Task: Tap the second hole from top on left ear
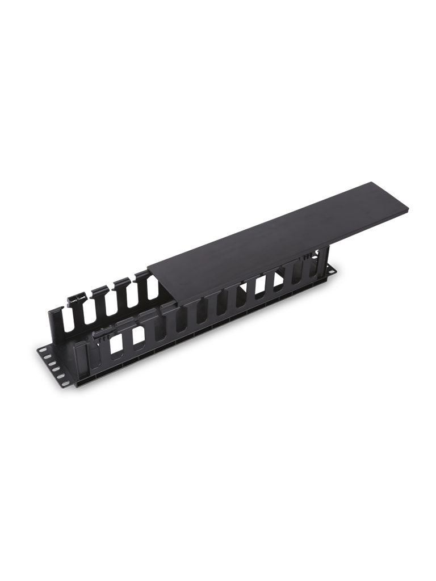click(x=47, y=357)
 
